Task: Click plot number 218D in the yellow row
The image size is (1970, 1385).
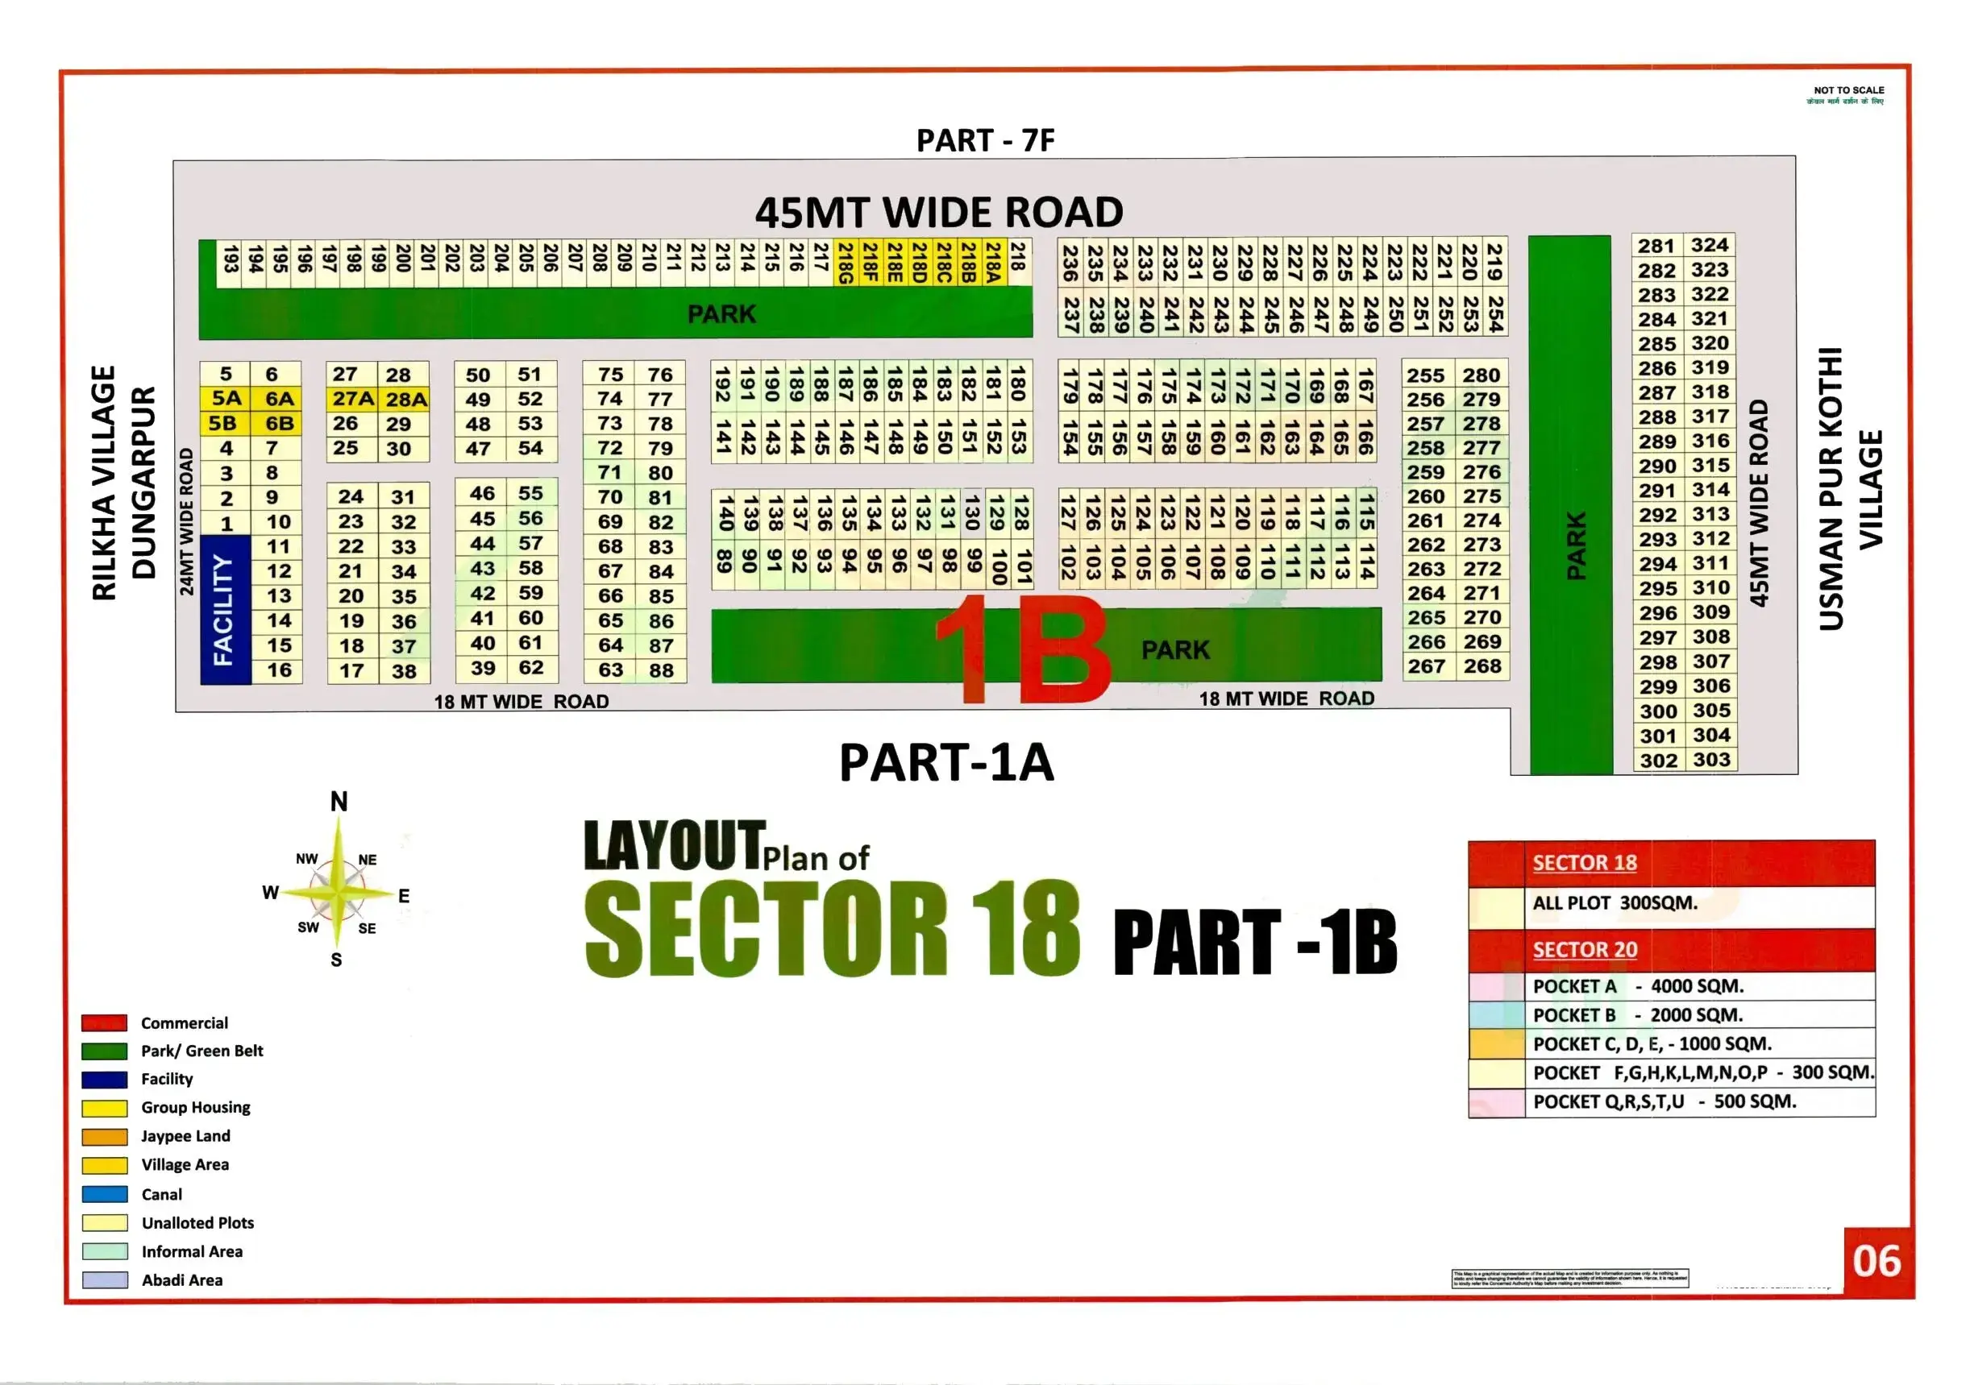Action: click(x=919, y=263)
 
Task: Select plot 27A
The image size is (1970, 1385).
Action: click(x=352, y=399)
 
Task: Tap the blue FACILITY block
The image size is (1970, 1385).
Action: click(x=225, y=609)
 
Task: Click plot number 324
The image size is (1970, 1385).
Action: click(x=1709, y=245)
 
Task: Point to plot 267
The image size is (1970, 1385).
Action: click(x=1426, y=666)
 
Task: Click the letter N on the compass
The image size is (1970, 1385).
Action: click(x=339, y=802)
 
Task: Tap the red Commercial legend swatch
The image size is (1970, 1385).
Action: click(x=105, y=1023)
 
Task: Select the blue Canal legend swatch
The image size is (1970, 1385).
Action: click(x=105, y=1194)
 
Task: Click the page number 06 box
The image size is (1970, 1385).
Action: click(x=1876, y=1262)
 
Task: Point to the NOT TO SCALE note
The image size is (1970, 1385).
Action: click(x=1848, y=90)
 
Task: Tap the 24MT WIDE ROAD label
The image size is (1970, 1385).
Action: click(x=186, y=521)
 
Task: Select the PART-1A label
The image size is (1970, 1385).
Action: click(x=946, y=762)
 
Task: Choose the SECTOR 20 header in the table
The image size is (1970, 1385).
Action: click(x=1585, y=949)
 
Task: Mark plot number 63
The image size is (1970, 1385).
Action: click(x=610, y=670)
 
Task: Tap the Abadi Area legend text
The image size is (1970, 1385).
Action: click(x=182, y=1280)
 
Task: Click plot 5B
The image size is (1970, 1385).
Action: click(x=223, y=424)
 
